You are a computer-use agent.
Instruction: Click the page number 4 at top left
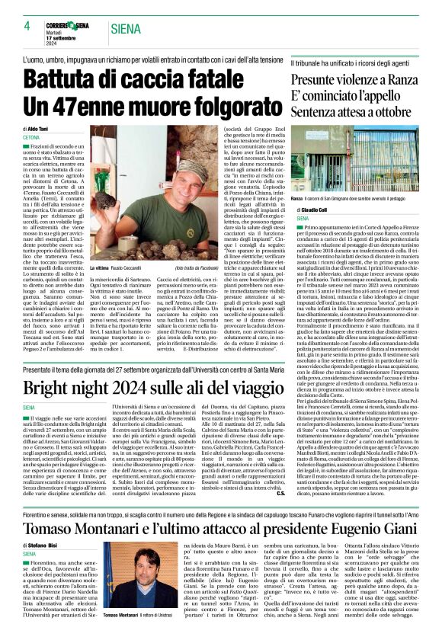coord(27,26)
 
